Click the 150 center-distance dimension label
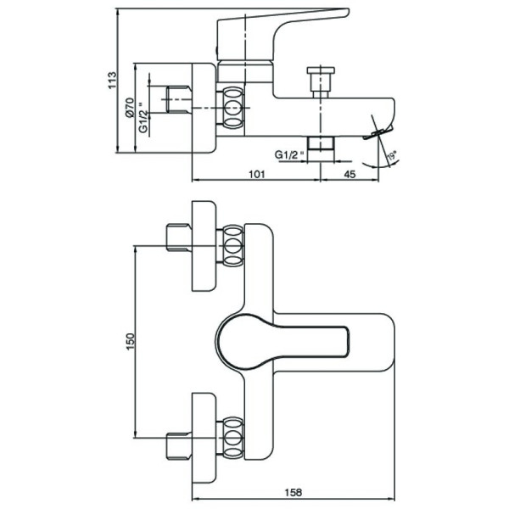(x=130, y=342)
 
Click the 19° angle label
(x=391, y=156)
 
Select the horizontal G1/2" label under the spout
(x=290, y=154)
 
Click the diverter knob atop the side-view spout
(x=320, y=81)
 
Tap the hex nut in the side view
(x=232, y=108)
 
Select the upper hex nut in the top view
(x=232, y=247)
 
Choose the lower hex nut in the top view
(x=232, y=437)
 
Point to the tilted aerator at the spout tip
(x=378, y=131)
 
